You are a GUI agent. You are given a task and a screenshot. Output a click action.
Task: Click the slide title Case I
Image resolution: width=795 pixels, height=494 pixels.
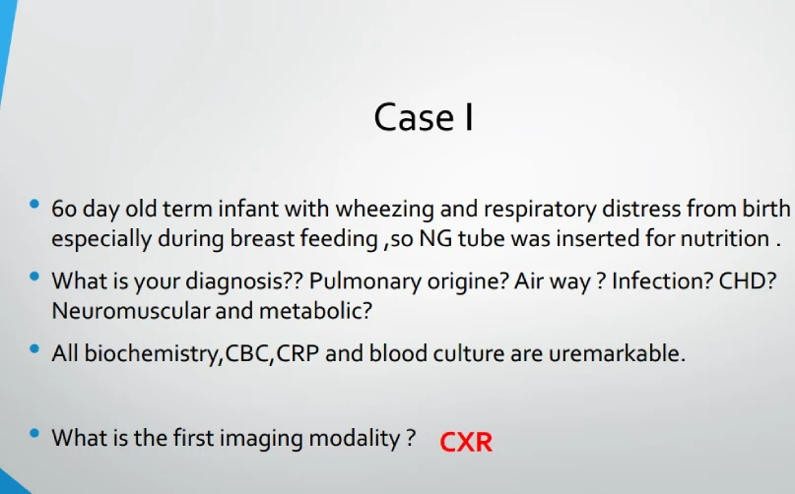424,117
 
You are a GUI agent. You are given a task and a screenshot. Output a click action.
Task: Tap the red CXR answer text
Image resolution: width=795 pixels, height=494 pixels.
465,442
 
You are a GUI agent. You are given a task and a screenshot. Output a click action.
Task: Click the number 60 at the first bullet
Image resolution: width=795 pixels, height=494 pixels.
64,209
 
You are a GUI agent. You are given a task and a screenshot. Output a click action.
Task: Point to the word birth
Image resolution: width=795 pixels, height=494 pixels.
766,209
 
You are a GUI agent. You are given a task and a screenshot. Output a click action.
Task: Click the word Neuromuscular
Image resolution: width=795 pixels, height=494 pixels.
130,311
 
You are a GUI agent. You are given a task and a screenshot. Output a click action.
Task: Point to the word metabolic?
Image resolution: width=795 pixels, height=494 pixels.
315,311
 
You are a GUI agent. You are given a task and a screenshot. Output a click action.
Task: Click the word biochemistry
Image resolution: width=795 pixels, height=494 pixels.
153,353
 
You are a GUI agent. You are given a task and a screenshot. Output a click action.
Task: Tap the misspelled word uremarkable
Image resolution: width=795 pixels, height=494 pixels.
617,353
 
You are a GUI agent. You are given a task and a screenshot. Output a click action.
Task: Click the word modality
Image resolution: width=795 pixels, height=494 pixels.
355,438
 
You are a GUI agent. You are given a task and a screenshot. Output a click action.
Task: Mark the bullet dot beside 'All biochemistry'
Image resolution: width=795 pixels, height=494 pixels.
34,348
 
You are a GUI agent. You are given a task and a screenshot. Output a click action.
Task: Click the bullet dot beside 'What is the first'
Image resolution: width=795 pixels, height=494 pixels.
34,433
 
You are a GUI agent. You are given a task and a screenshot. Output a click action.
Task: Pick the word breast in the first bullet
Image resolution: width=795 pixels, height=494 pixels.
262,238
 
